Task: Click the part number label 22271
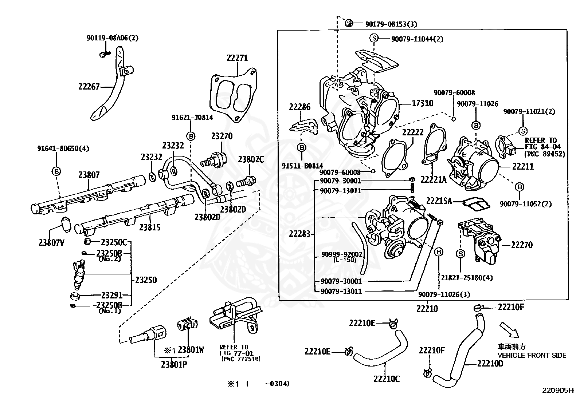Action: pos(237,58)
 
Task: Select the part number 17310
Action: pos(422,103)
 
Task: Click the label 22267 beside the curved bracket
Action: pos(89,86)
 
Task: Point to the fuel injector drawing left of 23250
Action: pos(78,275)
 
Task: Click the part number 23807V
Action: pos(51,243)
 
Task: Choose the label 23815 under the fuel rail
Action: pos(150,227)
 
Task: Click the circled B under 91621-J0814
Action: pos(191,136)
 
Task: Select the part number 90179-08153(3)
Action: pos(391,24)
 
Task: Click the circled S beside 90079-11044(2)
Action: pos(374,38)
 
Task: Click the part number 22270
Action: pos(522,245)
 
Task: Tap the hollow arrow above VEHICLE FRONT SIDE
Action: pos(509,330)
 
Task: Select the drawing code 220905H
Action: pos(558,391)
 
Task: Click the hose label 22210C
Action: pos(387,379)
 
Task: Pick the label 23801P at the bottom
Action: pos(174,364)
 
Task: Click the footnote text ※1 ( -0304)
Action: pos(258,384)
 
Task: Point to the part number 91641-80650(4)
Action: pos(63,148)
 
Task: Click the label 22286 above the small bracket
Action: pos(299,107)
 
